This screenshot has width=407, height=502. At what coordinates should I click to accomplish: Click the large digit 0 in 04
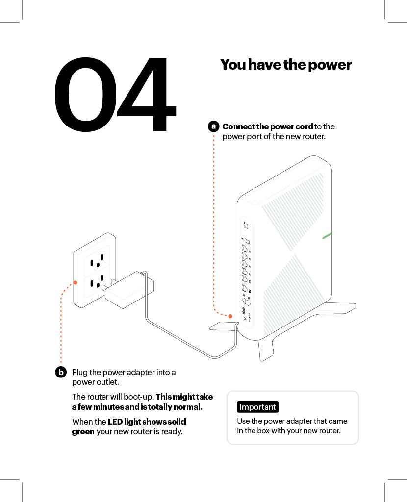point(83,95)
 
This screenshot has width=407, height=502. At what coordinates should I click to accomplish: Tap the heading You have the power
point(285,65)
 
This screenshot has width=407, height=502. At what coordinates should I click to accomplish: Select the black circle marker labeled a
point(213,126)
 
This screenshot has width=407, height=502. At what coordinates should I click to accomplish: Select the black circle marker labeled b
point(60,372)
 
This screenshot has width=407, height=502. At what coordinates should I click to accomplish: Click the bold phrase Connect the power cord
point(267,126)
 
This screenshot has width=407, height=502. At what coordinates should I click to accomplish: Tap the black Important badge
point(257,407)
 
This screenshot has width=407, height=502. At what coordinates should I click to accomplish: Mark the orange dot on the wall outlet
point(75,282)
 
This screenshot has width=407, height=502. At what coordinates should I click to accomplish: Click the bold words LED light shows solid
point(147,422)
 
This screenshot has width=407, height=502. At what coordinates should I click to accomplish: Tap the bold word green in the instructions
point(83,431)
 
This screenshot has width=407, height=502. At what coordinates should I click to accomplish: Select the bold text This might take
point(184,396)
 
